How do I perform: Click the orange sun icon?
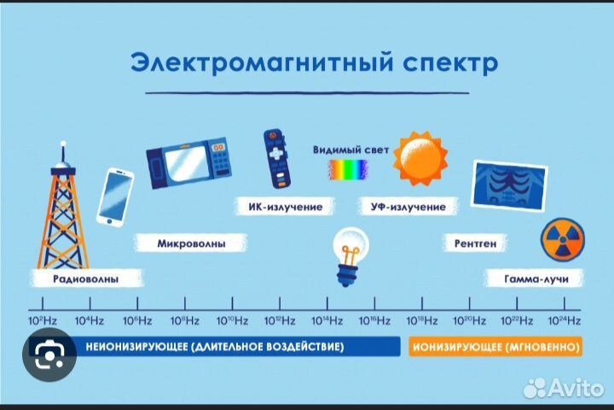tap(419, 160)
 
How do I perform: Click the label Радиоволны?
tap(85, 279)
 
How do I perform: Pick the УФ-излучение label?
tap(408, 207)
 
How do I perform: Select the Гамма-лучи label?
tap(530, 279)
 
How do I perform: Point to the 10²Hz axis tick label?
tap(43, 320)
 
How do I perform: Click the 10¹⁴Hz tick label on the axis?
tap(327, 320)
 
